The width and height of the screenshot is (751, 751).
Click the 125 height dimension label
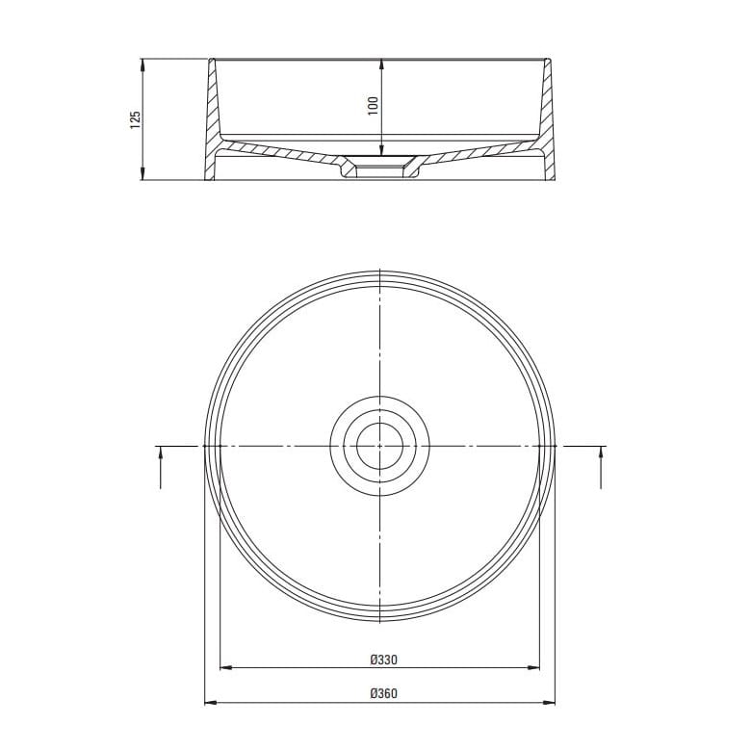[x=136, y=119]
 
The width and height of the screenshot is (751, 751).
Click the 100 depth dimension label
[x=374, y=106]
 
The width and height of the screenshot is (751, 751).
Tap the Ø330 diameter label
[x=383, y=660]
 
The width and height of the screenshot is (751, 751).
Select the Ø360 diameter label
[x=383, y=693]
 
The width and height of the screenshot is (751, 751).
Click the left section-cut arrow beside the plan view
[x=161, y=467]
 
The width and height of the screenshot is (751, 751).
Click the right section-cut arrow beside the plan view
[x=601, y=467]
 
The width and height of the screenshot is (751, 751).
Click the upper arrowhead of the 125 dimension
[x=142, y=65]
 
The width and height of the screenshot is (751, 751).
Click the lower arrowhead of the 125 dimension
[x=142, y=174]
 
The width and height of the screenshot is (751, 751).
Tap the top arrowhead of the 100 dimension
[x=381, y=65]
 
